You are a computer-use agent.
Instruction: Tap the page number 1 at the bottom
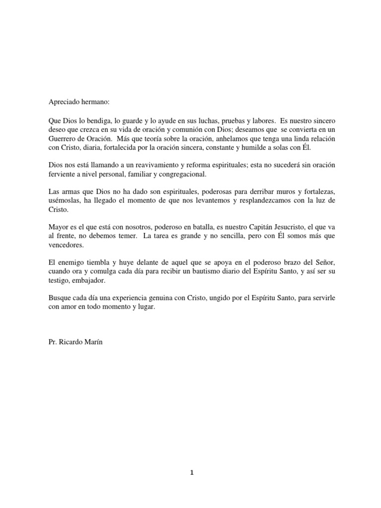[191, 473]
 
